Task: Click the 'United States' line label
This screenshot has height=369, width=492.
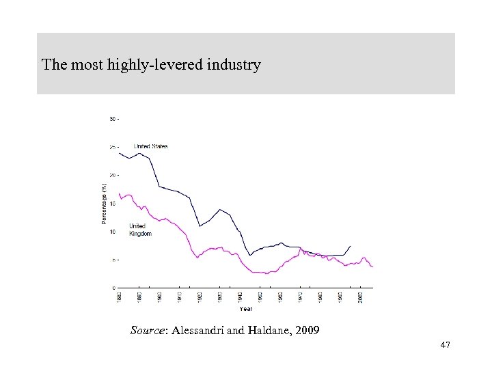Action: (150, 146)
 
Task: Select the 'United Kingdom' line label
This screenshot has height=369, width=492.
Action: (139, 230)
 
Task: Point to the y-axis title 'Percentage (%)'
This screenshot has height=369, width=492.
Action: (104, 203)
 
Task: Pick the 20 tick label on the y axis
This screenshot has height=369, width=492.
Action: (113, 175)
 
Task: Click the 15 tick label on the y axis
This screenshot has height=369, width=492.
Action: (113, 203)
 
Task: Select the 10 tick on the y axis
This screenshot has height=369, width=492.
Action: (113, 232)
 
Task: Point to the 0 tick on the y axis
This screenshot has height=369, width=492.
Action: (114, 288)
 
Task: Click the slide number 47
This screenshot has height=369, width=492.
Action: (446, 347)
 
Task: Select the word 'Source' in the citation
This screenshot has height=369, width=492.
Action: (147, 331)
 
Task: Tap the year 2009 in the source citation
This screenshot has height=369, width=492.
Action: (304, 331)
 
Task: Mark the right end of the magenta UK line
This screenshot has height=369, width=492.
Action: (373, 266)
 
